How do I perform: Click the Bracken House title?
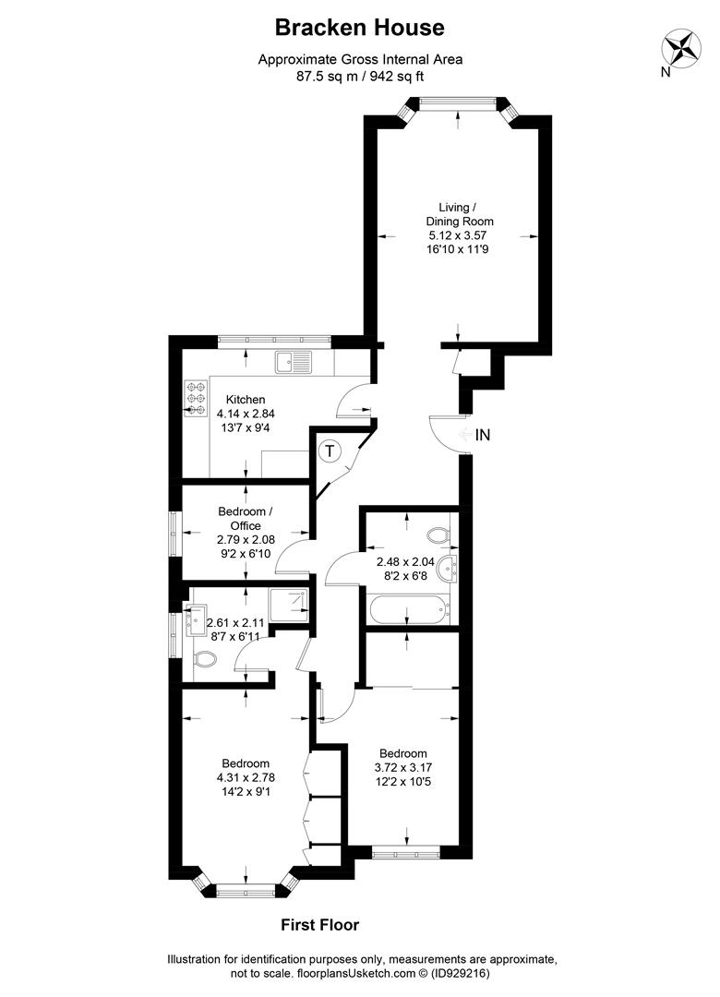[360, 28]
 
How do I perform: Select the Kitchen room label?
[246, 400]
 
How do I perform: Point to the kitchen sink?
[297, 363]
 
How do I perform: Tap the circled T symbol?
[330, 451]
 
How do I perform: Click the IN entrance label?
[484, 434]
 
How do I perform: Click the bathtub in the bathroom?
[407, 609]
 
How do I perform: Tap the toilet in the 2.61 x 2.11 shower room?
[206, 658]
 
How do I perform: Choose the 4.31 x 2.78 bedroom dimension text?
[246, 778]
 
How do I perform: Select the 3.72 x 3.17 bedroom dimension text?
[402, 766]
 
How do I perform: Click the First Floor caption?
[319, 924]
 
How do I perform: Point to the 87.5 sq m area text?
[327, 77]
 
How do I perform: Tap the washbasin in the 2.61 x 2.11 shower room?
[195, 618]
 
